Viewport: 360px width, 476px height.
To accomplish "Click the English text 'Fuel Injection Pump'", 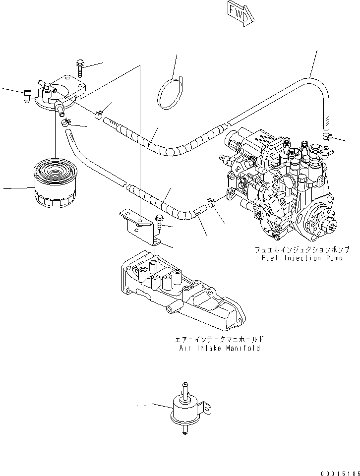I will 301,258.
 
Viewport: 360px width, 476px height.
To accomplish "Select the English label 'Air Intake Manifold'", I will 219,348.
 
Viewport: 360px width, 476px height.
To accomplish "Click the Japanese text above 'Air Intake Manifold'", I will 219,340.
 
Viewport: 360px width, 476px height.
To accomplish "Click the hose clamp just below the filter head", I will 66,121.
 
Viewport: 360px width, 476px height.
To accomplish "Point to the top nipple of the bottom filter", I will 185,387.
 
